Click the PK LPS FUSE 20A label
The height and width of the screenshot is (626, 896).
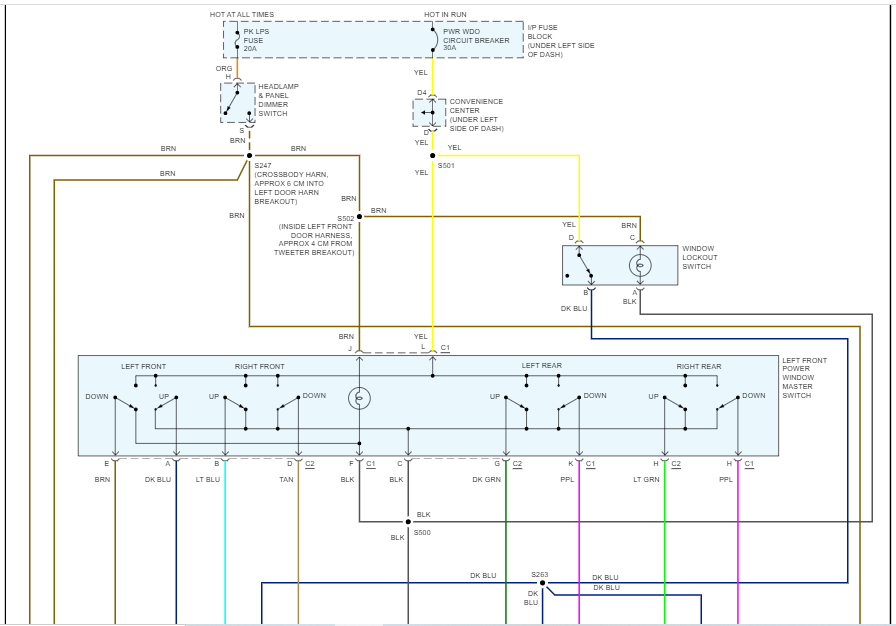point(257,40)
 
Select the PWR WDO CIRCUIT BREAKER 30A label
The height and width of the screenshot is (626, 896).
point(477,40)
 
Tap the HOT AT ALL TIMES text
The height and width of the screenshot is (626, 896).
point(241,15)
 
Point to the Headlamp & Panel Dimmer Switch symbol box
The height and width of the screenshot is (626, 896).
point(238,103)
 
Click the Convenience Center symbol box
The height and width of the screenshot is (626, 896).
point(429,113)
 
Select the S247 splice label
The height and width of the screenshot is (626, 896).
point(263,165)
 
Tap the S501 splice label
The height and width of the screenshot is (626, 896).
point(446,165)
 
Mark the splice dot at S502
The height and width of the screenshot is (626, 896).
point(359,216)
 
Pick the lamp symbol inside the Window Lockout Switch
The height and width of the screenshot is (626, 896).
point(640,265)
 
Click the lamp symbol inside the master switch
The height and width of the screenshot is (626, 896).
point(359,399)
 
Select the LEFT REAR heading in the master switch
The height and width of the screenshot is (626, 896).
point(541,366)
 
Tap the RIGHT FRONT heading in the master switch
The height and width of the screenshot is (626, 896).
point(260,367)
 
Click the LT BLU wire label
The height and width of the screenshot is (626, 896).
point(207,480)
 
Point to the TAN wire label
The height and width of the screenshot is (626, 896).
point(286,480)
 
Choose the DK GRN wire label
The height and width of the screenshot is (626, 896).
point(486,480)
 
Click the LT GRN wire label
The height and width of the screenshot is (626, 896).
point(647,480)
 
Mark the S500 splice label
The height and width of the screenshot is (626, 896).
point(422,533)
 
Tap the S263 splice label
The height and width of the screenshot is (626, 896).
point(540,574)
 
